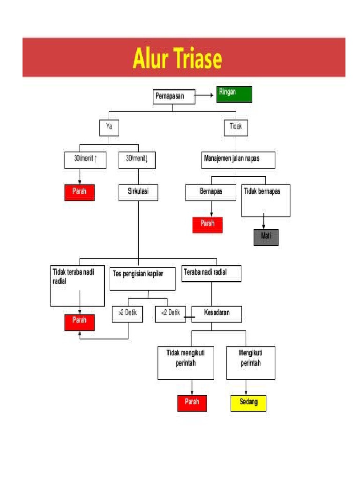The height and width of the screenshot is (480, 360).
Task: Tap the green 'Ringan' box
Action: pyautogui.click(x=234, y=94)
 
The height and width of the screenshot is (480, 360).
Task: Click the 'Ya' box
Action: pyautogui.click(x=109, y=127)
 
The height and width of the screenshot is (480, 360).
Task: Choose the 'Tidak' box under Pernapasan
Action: pyautogui.click(x=236, y=127)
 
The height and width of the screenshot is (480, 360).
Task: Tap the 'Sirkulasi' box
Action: pyautogui.click(x=138, y=192)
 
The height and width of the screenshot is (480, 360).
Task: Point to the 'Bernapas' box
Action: pyautogui.click(x=211, y=193)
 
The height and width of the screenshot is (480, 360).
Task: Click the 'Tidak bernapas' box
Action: pyautogui.click(x=266, y=201)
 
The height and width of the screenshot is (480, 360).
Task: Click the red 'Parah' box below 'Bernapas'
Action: pyautogui.click(x=208, y=225)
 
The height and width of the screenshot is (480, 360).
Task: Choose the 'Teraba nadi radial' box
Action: pyautogui.click(x=211, y=274)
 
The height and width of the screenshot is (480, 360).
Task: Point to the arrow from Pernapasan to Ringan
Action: pyautogui.click(x=204, y=95)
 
